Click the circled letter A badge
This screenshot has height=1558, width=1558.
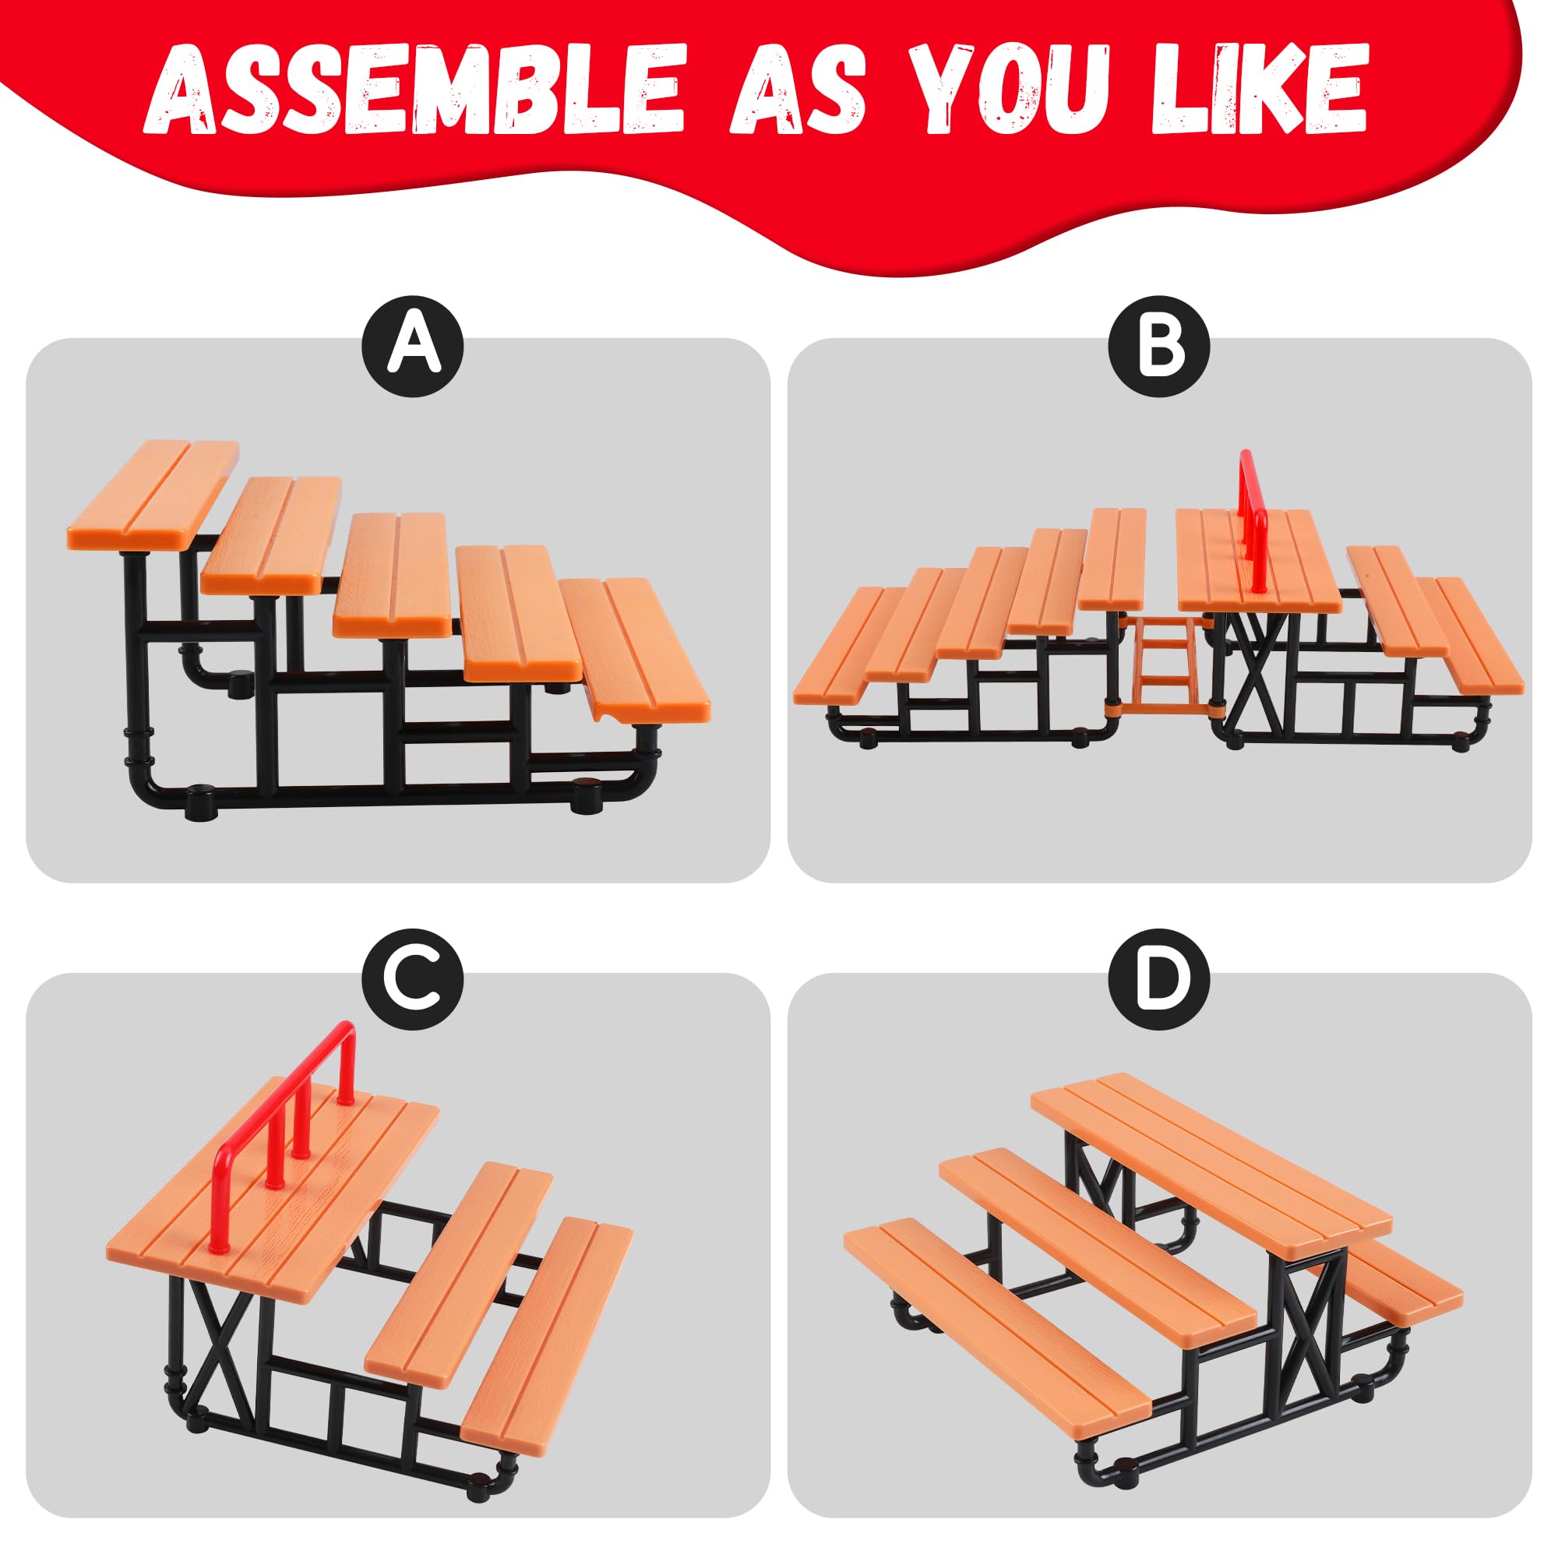(413, 346)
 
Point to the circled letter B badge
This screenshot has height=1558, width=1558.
(1160, 346)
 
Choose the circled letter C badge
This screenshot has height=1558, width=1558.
(413, 981)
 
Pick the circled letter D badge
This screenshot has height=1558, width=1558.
(1160, 981)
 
